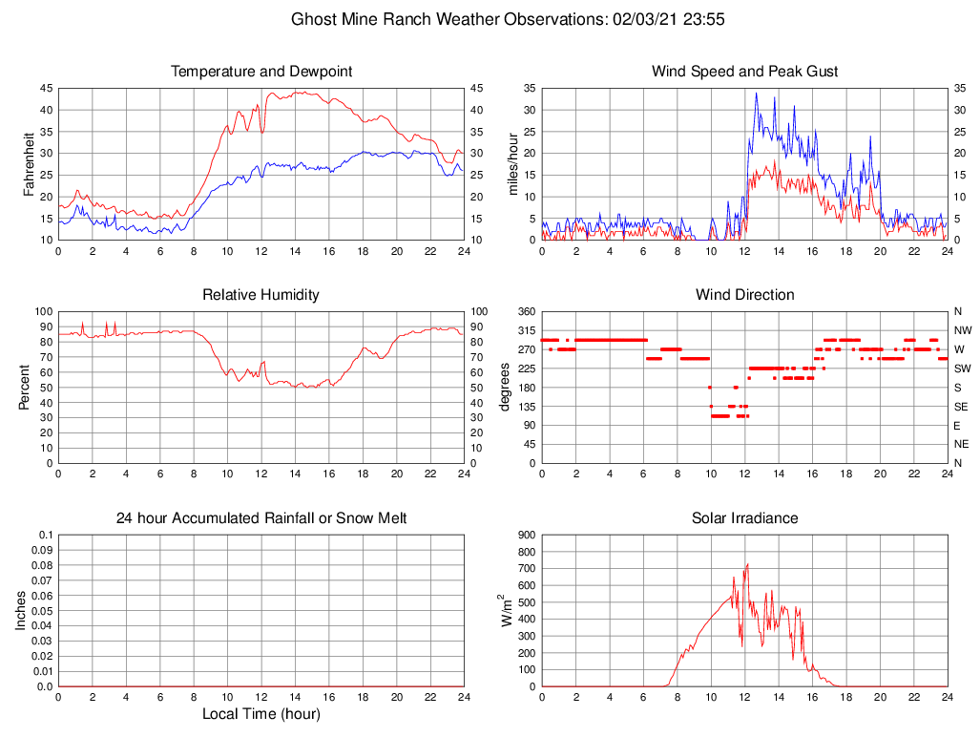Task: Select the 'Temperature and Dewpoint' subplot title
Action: (x=261, y=72)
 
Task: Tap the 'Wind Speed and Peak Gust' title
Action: (x=744, y=72)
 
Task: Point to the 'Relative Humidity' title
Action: (x=261, y=295)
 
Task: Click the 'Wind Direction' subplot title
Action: (x=744, y=295)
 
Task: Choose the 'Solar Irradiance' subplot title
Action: (x=744, y=518)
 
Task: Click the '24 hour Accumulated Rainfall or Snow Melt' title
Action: (x=261, y=518)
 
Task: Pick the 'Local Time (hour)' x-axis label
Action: (x=261, y=714)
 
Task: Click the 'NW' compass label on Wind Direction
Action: (x=962, y=330)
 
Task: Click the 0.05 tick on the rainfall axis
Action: (x=42, y=611)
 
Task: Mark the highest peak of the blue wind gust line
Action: (x=757, y=93)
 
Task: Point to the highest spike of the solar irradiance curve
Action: (x=747, y=564)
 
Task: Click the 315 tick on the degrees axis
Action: (x=524, y=330)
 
